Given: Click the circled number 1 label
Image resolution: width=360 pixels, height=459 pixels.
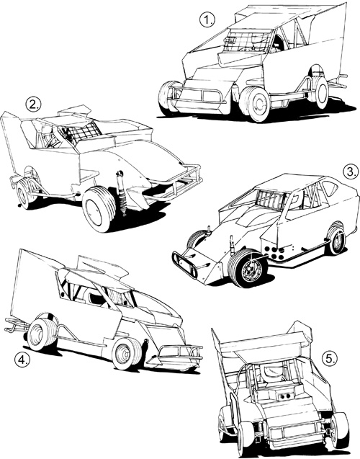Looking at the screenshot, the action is click(x=207, y=20).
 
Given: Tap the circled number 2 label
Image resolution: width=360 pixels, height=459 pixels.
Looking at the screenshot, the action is click(x=33, y=104).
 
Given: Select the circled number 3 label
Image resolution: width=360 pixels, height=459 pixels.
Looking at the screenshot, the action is click(x=351, y=171).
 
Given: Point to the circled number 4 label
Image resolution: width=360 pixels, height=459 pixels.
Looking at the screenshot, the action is click(x=22, y=360).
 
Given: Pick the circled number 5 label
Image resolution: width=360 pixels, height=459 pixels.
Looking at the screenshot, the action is click(x=330, y=359).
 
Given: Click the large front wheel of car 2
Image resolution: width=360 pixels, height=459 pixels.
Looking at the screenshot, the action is click(x=98, y=209).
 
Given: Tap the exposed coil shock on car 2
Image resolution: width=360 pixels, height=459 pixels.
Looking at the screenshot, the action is click(x=121, y=192).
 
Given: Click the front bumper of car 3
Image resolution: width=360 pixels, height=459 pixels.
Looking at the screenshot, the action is click(x=185, y=264).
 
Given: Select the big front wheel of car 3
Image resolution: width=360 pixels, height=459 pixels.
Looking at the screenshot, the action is click(x=248, y=268).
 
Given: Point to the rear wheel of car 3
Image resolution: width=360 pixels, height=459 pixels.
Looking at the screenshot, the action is click(x=336, y=239).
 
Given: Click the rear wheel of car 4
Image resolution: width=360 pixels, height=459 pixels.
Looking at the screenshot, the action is click(x=42, y=334).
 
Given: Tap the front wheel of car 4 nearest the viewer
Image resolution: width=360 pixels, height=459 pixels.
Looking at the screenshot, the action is click(x=127, y=353).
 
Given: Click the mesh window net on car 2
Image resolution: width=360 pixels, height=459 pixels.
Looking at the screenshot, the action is click(x=81, y=132).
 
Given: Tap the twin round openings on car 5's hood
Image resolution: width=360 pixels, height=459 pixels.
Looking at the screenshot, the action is click(x=284, y=396).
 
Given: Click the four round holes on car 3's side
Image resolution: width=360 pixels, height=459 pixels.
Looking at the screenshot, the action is click(x=274, y=253).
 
